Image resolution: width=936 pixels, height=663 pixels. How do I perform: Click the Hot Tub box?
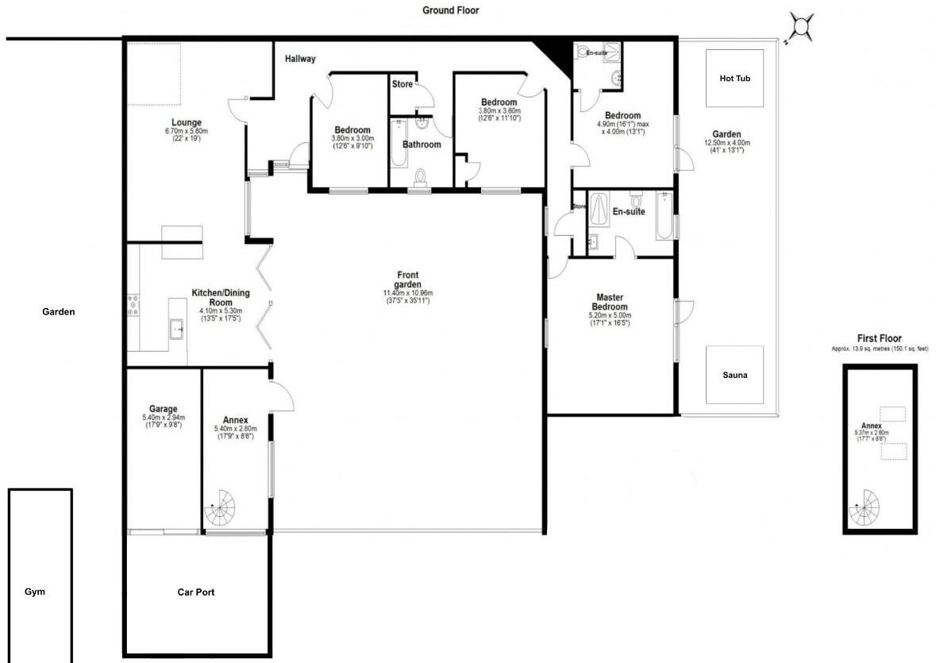coord(735,79)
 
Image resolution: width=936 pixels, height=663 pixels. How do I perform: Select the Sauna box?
coord(735,374)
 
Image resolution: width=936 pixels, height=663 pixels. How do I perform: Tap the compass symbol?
coord(800,29)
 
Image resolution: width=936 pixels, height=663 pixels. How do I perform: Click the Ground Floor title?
coord(450,10)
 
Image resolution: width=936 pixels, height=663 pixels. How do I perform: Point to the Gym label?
coord(35,592)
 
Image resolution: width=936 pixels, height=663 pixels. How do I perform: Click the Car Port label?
coord(195,592)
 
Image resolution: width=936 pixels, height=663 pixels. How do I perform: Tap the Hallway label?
coord(300,59)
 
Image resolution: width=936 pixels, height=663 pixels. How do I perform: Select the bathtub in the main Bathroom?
coord(399,142)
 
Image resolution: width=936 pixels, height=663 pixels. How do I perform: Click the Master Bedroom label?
coord(612,303)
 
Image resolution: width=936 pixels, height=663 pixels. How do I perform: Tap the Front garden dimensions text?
coord(407,297)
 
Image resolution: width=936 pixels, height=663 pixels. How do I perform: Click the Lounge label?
coord(185,122)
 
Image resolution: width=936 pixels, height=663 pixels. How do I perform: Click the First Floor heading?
coord(879,338)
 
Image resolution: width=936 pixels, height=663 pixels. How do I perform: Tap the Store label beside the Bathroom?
coord(403,84)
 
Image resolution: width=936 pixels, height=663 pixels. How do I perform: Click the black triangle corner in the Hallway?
coord(555,56)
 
